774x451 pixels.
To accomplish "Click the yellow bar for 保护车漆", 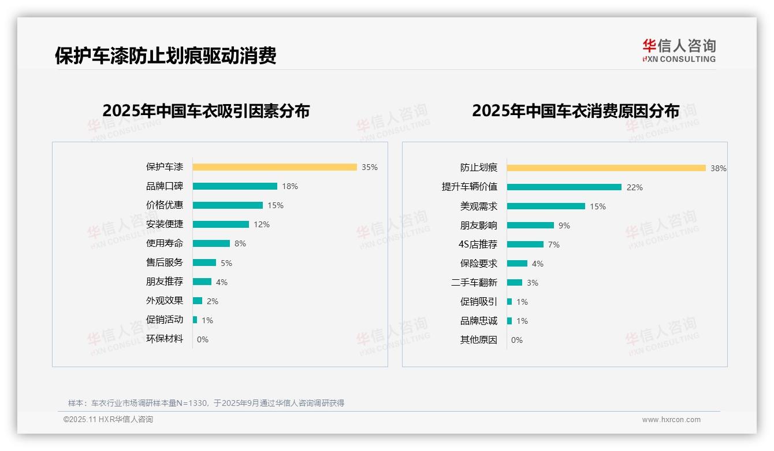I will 274,167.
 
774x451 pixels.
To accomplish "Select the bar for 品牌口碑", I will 235,186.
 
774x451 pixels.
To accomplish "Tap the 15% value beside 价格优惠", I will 276,205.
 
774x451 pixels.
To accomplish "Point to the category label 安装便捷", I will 165,224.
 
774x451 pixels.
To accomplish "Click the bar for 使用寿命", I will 211,243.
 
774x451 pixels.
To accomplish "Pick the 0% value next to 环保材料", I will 203,339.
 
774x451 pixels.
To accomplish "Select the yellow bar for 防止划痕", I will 606,168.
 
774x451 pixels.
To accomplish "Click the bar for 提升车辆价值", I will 564,187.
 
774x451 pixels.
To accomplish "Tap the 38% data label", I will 719,168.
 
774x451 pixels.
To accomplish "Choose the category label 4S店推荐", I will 478,244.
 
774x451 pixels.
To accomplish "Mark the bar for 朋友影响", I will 530,225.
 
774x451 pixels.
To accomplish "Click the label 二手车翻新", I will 474,283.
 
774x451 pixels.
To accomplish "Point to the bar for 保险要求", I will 517,264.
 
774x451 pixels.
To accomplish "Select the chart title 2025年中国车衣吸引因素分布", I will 206,110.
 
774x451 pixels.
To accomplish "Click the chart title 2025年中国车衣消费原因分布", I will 575,110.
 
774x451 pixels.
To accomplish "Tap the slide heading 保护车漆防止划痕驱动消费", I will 166,55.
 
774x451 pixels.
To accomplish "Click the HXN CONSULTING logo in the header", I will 679,50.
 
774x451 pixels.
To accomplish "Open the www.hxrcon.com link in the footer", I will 671,420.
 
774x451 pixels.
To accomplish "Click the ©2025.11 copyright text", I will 108,420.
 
